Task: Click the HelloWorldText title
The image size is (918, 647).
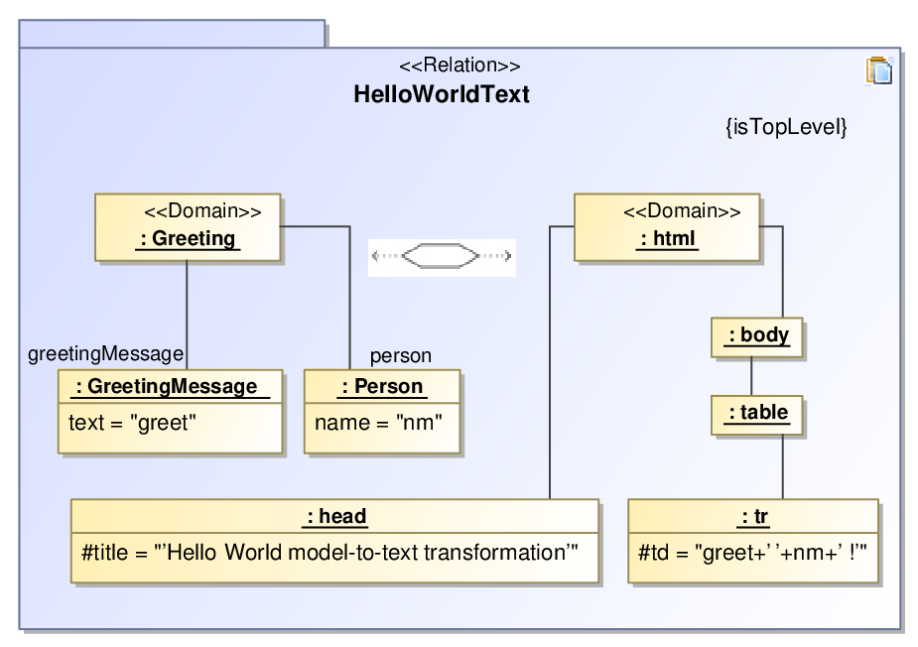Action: tap(442, 94)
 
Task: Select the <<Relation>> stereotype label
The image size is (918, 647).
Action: tap(459, 65)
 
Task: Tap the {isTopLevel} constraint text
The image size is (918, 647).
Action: tap(786, 126)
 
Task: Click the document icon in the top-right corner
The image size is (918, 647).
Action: tap(879, 70)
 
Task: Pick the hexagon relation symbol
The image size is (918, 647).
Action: tap(442, 256)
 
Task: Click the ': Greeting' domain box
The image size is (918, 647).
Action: tap(188, 227)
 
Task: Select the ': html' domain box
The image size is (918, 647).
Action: tap(667, 227)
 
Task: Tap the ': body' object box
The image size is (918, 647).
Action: tap(757, 337)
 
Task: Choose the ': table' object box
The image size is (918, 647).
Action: tap(757, 415)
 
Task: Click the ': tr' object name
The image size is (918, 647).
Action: tap(754, 516)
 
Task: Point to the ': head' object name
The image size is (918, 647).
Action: tap(334, 516)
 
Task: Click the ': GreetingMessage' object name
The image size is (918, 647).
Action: tap(171, 386)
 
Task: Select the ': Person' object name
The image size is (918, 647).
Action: tap(382, 386)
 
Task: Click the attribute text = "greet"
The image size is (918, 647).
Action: tap(132, 422)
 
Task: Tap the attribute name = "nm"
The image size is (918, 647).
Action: tap(378, 422)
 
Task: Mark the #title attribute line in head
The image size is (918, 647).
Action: tap(329, 552)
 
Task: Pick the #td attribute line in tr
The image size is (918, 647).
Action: tap(752, 552)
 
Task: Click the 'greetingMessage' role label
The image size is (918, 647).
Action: tap(106, 353)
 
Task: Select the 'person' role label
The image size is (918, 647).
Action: tap(401, 355)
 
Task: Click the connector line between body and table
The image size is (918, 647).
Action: tap(751, 376)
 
